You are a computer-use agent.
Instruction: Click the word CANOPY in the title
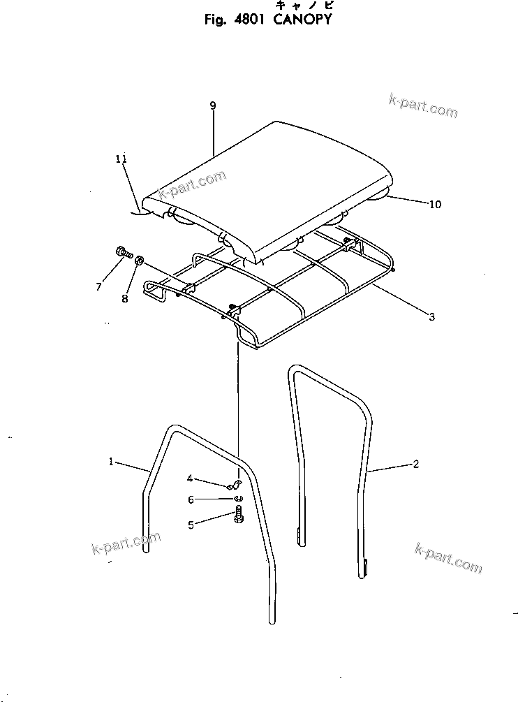click(302, 20)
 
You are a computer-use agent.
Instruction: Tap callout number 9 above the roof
click(212, 105)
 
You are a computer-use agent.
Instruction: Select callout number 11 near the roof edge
click(121, 159)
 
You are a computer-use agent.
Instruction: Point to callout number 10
click(435, 205)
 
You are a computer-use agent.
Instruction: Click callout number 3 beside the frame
click(431, 317)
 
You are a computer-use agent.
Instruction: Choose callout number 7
click(99, 286)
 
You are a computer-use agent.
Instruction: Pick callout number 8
click(125, 299)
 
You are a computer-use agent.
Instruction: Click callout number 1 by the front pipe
click(111, 461)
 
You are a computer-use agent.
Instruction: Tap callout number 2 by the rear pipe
click(416, 464)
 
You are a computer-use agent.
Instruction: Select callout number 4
click(189, 478)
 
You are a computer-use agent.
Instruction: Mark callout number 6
click(190, 500)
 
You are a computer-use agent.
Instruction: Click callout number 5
click(191, 525)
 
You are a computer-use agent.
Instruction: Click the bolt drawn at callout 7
click(123, 253)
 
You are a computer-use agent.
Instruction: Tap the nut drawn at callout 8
click(139, 261)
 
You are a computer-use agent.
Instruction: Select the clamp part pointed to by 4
click(235, 485)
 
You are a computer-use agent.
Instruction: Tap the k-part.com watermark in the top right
click(423, 105)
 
